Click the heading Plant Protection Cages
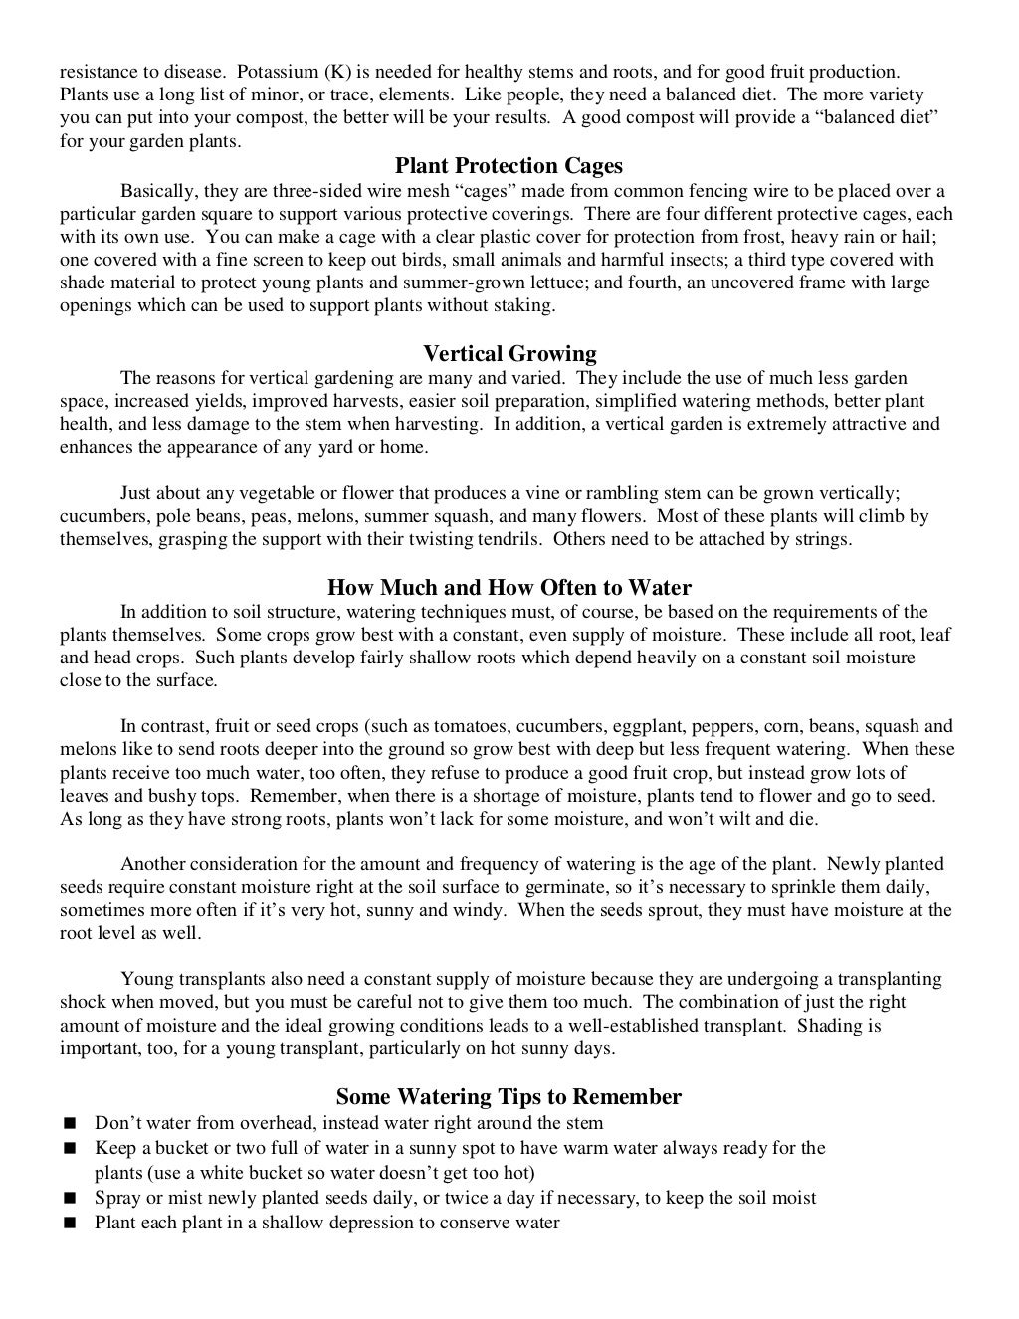(x=509, y=165)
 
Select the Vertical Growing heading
(x=509, y=354)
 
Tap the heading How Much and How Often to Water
(x=509, y=587)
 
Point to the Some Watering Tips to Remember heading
(x=509, y=1097)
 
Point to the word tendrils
(x=509, y=539)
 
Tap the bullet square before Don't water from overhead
(x=69, y=1124)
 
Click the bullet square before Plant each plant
(x=69, y=1224)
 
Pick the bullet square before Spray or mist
(x=69, y=1199)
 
